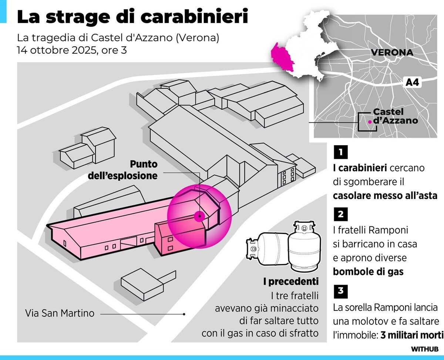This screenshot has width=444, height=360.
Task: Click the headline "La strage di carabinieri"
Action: tap(132, 17)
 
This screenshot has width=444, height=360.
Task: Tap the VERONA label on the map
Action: tap(392, 52)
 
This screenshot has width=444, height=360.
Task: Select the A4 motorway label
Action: tap(412, 82)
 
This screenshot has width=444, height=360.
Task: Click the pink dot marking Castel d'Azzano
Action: tap(370, 121)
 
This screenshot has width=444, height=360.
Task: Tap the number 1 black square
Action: tap(340, 152)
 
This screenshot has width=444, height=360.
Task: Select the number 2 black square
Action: tap(340, 214)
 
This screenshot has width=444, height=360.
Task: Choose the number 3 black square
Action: tap(340, 291)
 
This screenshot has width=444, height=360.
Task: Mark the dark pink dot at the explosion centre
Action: tap(199, 216)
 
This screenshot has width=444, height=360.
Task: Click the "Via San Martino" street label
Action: tap(60, 313)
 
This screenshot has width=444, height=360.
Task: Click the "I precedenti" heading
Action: tap(291, 282)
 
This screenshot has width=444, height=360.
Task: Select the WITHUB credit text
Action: tap(424, 349)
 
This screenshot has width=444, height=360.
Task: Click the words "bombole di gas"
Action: tap(368, 272)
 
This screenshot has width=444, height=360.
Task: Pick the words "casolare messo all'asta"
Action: tap(385, 196)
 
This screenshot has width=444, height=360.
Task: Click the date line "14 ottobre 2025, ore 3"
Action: tap(72, 50)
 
